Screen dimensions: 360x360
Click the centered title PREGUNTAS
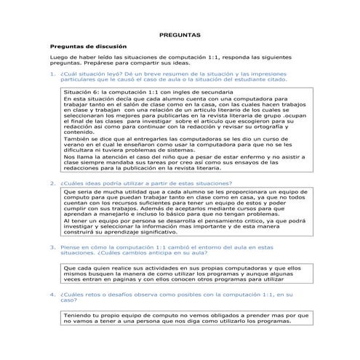tap(180, 35)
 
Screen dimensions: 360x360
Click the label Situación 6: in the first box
tap(82, 92)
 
